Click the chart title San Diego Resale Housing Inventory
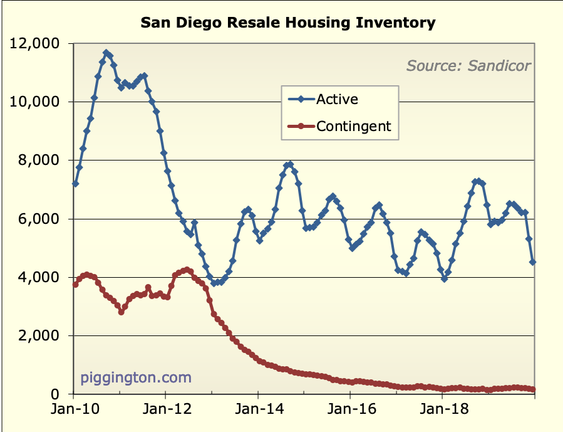(x=287, y=23)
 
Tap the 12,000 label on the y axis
(x=41, y=44)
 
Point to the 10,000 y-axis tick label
(x=41, y=102)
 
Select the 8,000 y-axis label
(x=45, y=161)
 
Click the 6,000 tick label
(x=45, y=219)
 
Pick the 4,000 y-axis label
(x=45, y=277)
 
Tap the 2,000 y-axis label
(x=45, y=336)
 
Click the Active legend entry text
(x=337, y=99)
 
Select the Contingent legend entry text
(x=353, y=126)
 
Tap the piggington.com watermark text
(x=136, y=378)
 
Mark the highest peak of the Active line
(x=106, y=53)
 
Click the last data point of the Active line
(x=533, y=262)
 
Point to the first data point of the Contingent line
(x=75, y=284)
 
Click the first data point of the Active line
(x=75, y=184)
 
